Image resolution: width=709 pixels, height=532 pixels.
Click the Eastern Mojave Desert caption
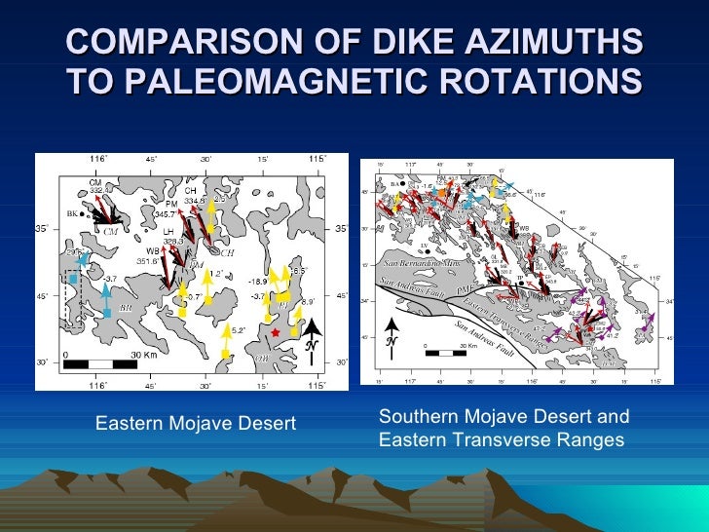click(x=195, y=423)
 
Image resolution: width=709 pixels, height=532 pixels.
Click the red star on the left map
click(x=277, y=333)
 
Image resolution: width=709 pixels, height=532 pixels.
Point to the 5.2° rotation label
click(x=237, y=330)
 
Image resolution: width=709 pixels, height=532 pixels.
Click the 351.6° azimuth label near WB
click(x=146, y=260)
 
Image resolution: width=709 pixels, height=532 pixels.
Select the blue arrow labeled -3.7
click(x=104, y=292)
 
